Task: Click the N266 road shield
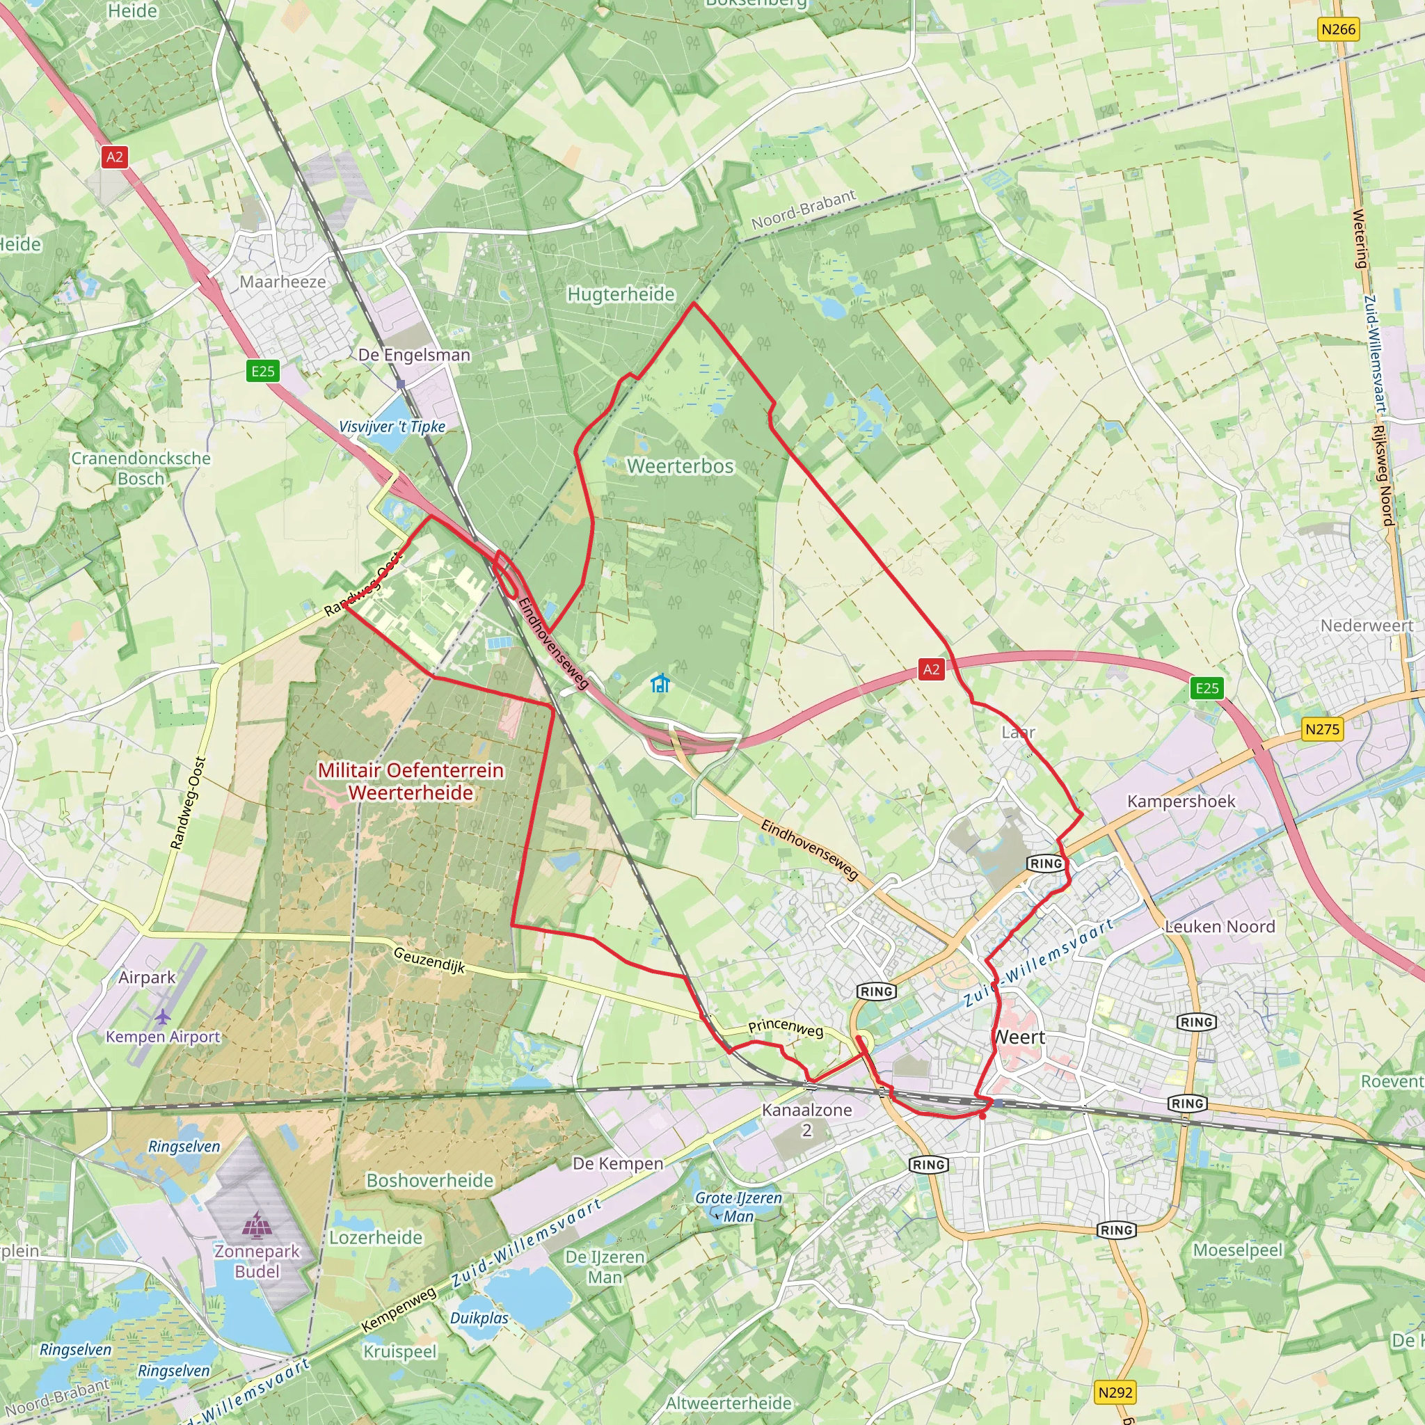(1338, 29)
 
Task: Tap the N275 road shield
(1322, 729)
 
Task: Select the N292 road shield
(1115, 1392)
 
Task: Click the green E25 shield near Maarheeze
(262, 371)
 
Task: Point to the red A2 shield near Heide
(114, 157)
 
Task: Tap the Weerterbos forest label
(680, 466)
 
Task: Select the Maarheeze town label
(282, 282)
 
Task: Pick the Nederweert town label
(1366, 626)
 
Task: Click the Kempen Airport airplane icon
(162, 1017)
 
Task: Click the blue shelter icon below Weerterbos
(660, 683)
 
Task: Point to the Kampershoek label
(1180, 801)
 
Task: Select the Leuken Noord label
(1219, 926)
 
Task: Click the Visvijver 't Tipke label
(392, 427)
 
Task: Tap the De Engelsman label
(414, 355)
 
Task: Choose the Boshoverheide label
(429, 1180)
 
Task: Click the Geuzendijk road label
(429, 960)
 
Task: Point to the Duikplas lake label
(479, 1317)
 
